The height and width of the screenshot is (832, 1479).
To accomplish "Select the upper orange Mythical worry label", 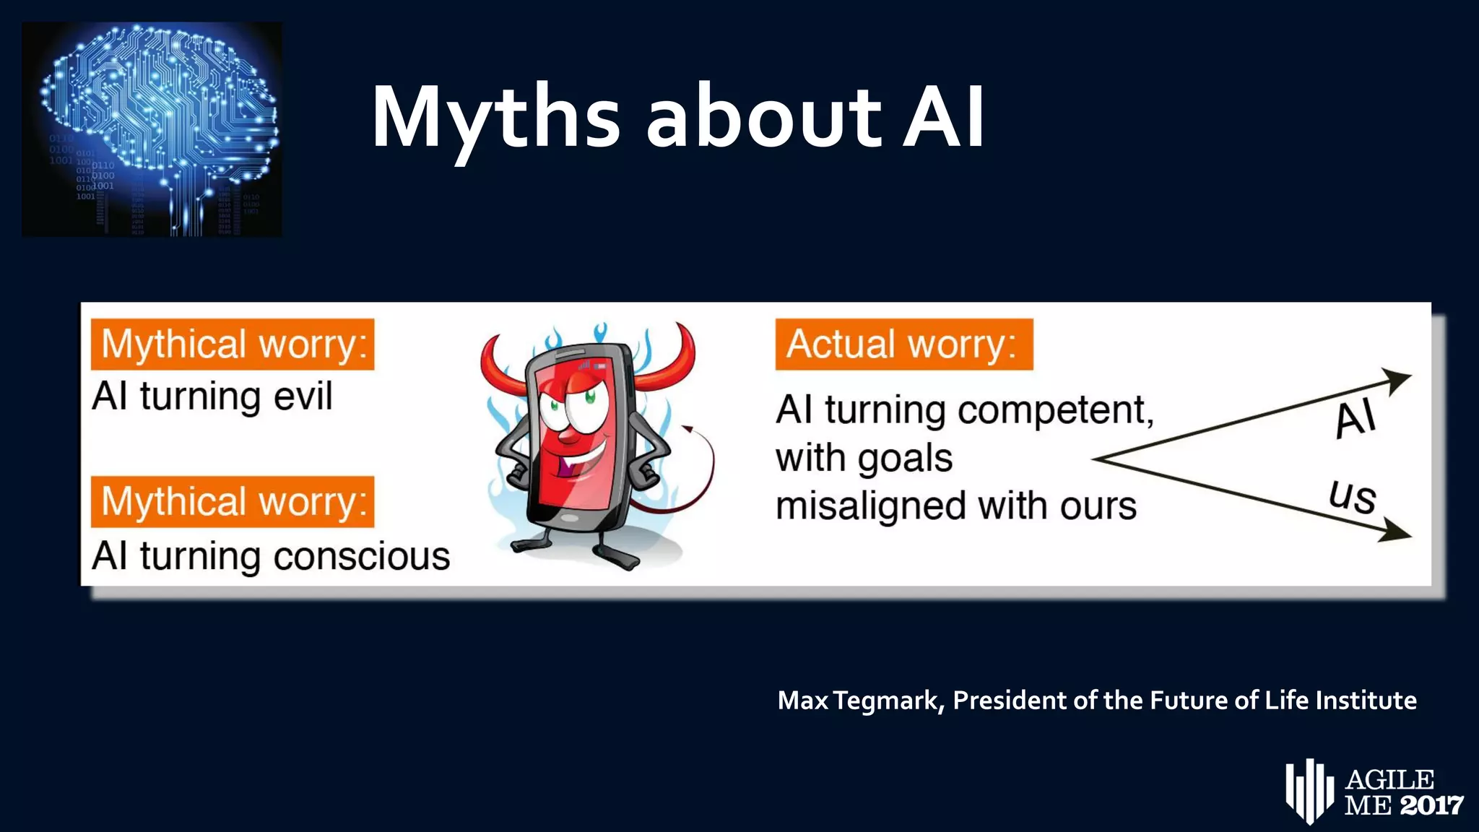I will point(233,344).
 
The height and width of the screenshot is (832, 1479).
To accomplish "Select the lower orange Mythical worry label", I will point(233,502).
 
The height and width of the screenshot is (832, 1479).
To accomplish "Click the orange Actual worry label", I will point(903,344).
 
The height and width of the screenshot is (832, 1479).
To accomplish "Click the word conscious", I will point(361,557).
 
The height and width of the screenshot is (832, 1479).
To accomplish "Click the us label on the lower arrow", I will point(1353,497).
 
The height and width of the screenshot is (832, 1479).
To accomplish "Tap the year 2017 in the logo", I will point(1431,805).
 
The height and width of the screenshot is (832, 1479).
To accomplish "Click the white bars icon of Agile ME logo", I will point(1309,791).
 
